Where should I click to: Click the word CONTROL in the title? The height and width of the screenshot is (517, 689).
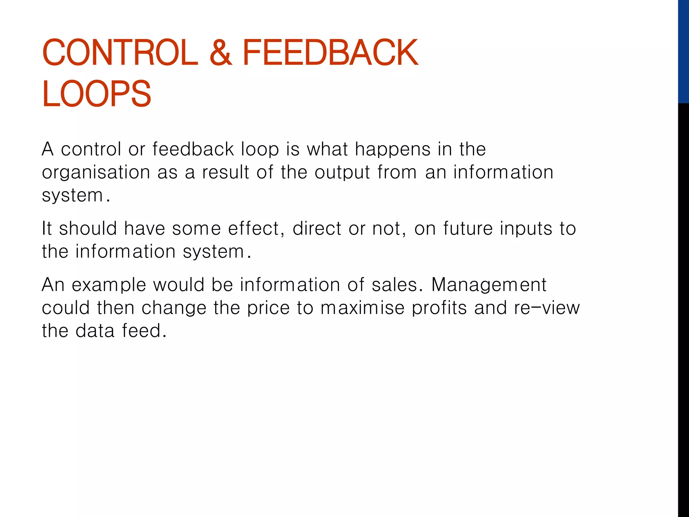[120, 53]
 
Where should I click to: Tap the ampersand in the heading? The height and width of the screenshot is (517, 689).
[221, 53]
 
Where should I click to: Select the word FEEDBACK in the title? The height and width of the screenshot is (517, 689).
[330, 53]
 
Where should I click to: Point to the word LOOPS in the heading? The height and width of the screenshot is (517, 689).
[97, 94]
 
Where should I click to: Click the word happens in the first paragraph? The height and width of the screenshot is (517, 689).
[392, 150]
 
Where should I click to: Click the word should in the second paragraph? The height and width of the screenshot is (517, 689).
[88, 229]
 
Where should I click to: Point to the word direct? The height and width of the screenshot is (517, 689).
[317, 229]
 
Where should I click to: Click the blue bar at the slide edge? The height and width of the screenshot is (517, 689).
[683, 50]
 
